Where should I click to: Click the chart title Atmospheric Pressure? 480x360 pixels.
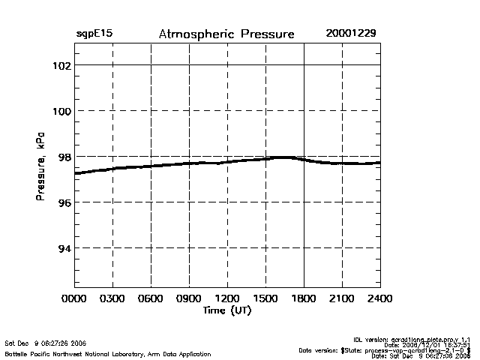coord(226,34)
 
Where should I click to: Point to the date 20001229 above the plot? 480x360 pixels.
coord(351,34)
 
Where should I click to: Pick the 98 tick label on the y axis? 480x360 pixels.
coord(64,157)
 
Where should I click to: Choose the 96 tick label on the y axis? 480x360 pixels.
coord(64,202)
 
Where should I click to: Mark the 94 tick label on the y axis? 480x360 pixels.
coord(64,248)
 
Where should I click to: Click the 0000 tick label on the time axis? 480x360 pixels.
coord(74,298)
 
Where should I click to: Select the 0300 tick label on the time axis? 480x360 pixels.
coord(112,298)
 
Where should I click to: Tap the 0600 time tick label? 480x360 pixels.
coord(151,298)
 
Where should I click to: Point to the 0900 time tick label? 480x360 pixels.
coord(189,298)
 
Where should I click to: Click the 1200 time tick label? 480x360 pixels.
coord(227,298)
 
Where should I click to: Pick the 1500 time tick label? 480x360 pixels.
coord(265,298)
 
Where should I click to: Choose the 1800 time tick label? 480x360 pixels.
coord(304,298)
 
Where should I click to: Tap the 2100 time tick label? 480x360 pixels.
coord(342,298)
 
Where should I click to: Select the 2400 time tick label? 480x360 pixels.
coord(380,298)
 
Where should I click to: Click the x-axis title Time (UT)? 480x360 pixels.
coord(226,310)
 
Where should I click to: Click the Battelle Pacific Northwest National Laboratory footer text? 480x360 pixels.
coord(108,353)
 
